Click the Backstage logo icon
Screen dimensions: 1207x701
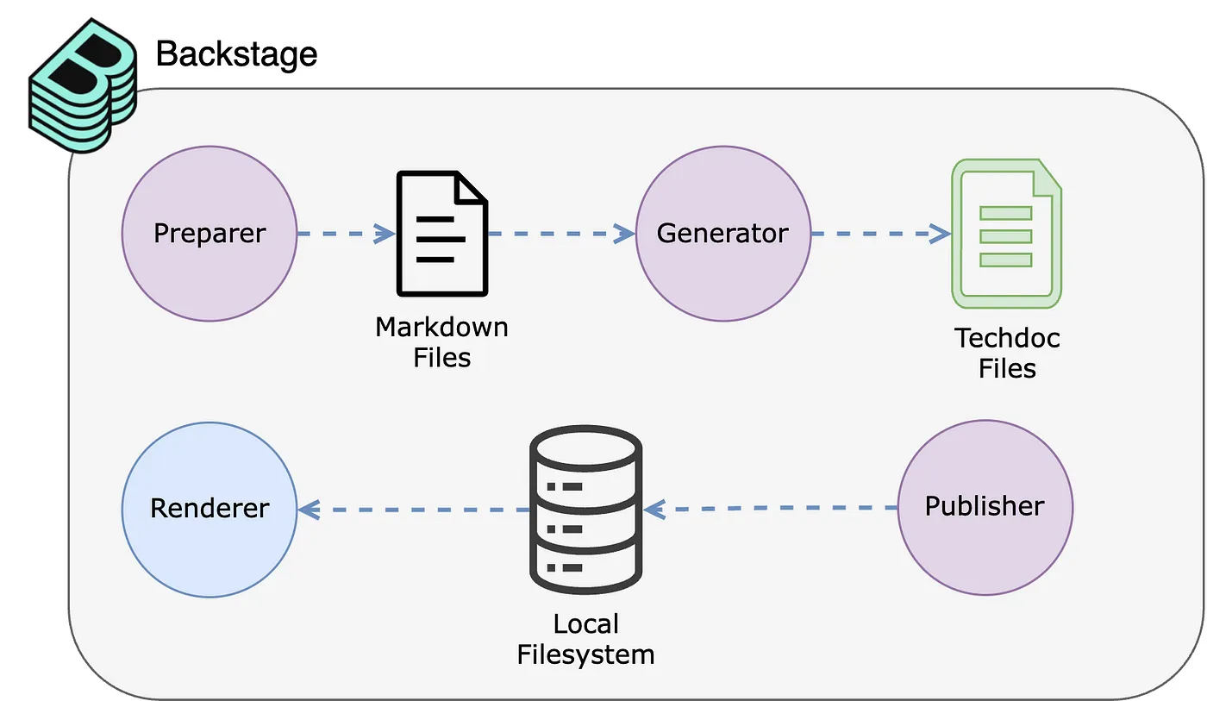tap(83, 85)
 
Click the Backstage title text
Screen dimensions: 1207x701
tap(236, 54)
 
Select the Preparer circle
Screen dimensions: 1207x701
tap(210, 234)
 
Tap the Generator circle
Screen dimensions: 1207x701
tap(723, 234)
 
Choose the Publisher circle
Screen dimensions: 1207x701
tap(985, 508)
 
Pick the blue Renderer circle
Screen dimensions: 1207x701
tap(210, 510)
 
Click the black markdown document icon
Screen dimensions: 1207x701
tap(442, 234)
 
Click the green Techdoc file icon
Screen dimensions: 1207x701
tap(1007, 234)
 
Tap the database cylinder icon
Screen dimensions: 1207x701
tap(585, 510)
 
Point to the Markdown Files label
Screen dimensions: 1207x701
tap(441, 342)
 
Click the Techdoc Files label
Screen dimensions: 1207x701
tap(1007, 354)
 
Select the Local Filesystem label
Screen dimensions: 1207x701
tap(585, 639)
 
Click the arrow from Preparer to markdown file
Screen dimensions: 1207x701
tap(347, 234)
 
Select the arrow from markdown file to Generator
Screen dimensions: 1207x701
tap(561, 234)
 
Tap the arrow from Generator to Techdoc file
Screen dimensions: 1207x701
tap(881, 234)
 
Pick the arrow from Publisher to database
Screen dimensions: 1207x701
tap(771, 508)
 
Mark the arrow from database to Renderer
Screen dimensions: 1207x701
tap(414, 510)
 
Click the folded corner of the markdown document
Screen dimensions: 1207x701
tap(470, 187)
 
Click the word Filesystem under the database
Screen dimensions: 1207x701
tap(585, 654)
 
